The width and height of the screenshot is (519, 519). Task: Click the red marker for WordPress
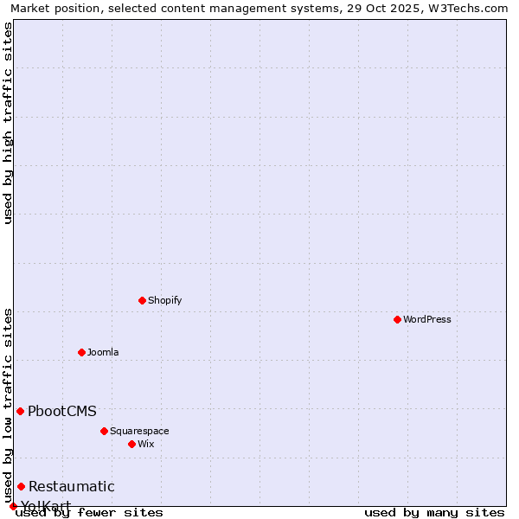397,319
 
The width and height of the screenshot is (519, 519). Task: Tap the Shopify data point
142,300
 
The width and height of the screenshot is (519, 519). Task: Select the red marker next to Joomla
81,352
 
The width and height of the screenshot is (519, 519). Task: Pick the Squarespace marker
104,431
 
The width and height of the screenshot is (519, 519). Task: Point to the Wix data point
131,444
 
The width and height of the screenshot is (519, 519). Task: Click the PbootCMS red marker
20,411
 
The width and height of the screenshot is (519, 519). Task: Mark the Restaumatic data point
21,486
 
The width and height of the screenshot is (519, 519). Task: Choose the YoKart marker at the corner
13,506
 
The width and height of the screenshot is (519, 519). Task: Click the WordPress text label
427,319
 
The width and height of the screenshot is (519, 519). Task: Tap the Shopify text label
164,300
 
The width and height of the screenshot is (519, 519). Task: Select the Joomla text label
103,352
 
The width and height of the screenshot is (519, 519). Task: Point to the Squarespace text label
139,431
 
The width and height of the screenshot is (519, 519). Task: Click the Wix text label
146,444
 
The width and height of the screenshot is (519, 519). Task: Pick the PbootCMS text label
62,411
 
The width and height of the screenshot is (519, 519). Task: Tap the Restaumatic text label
72,486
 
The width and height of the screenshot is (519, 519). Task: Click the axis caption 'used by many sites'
434,512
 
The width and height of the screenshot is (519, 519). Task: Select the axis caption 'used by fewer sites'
90,512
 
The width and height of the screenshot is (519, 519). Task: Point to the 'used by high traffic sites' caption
8,123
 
